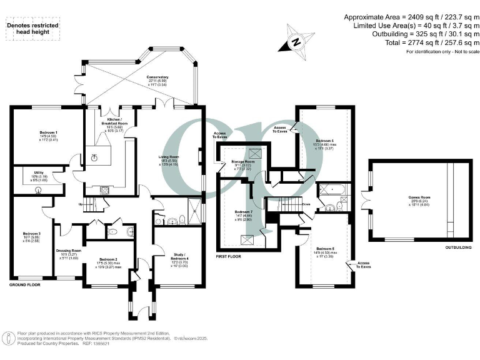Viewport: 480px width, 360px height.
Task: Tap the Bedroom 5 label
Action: point(324,249)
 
